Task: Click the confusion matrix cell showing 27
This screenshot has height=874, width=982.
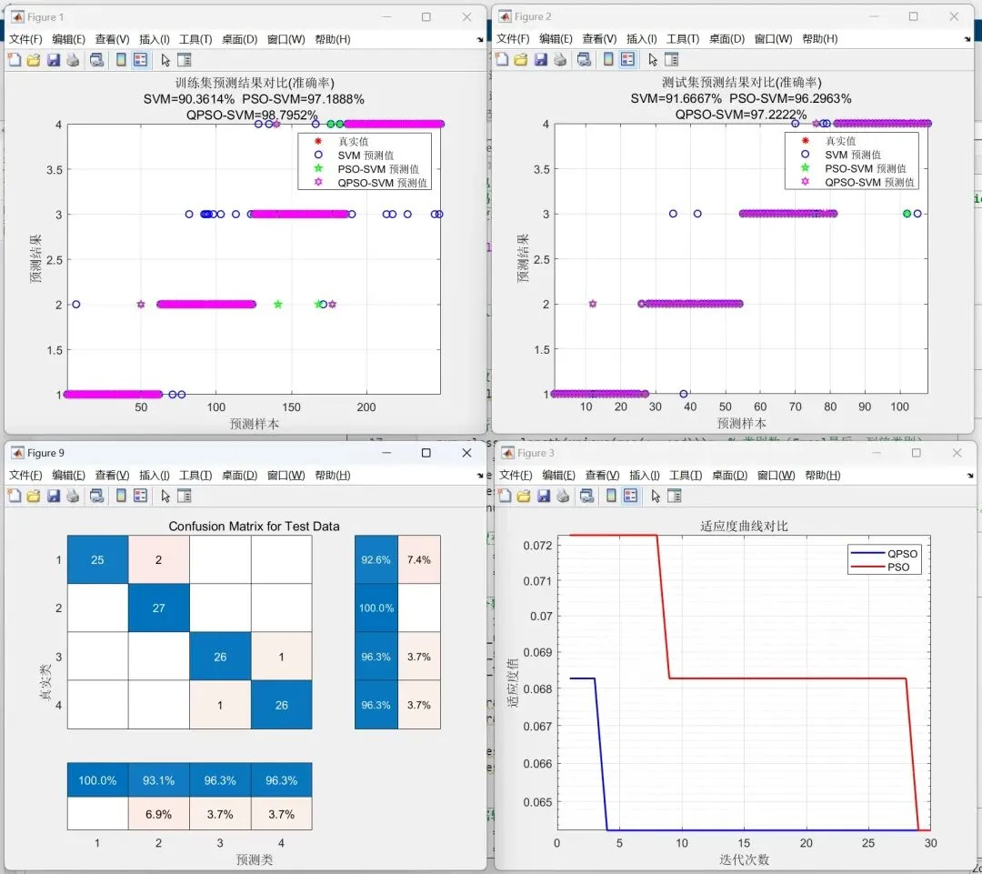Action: (158, 608)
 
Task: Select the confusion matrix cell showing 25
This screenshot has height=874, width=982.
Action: (97, 559)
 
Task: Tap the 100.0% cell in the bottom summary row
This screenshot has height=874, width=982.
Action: (97, 780)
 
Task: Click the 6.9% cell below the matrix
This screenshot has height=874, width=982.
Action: (158, 814)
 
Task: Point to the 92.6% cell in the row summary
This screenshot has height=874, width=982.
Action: (376, 559)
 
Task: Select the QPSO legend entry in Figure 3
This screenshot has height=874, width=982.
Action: (896, 553)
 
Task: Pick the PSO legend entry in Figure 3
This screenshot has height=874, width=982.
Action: (896, 567)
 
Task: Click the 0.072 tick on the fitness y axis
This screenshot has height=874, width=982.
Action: (538, 544)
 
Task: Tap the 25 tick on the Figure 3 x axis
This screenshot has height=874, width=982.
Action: (867, 843)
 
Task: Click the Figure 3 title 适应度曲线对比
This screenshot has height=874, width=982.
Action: (744, 526)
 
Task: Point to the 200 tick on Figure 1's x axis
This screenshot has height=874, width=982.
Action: (366, 408)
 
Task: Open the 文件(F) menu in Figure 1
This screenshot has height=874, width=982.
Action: (25, 39)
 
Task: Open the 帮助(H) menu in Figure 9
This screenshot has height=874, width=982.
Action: (332, 475)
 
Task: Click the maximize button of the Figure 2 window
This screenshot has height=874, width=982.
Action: (914, 16)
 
